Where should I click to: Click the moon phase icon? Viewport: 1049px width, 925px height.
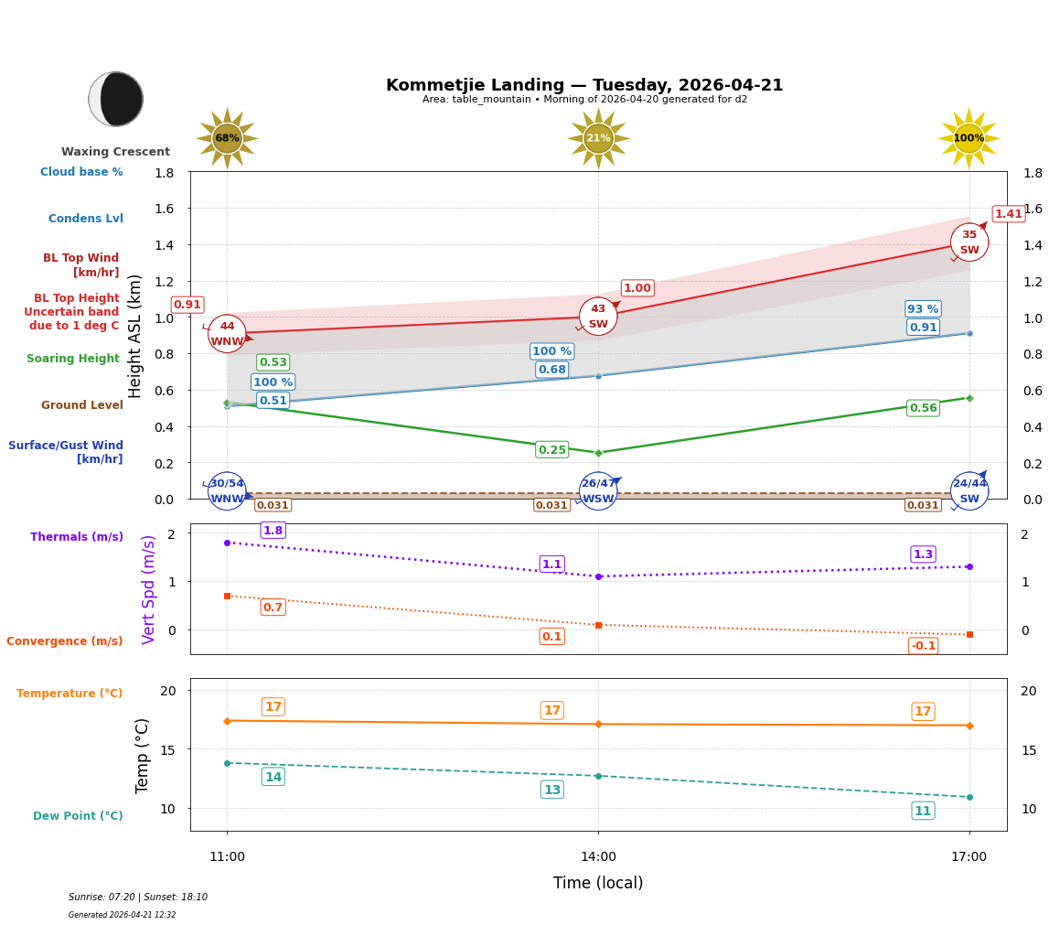point(116,99)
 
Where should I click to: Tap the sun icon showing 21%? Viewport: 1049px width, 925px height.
point(598,138)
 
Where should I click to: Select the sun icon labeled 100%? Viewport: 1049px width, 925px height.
point(969,138)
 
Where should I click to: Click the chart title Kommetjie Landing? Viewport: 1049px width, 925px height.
point(584,85)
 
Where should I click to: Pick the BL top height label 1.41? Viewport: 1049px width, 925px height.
point(1008,214)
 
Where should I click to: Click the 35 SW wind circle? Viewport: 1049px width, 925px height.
point(969,242)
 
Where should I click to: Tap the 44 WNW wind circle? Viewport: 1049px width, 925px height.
point(227,334)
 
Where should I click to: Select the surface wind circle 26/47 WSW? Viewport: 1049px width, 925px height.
point(598,491)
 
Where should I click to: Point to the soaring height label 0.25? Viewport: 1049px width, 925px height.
point(551,450)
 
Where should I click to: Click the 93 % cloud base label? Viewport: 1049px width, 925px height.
point(923,309)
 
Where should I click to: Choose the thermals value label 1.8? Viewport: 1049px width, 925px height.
point(273,531)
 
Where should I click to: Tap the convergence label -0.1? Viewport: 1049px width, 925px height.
point(923,646)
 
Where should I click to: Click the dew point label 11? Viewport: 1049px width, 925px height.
point(923,811)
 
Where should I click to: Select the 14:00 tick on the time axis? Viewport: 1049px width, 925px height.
point(598,857)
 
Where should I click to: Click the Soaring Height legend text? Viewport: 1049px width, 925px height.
point(73,359)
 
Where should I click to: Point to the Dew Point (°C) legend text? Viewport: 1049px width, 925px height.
point(78,816)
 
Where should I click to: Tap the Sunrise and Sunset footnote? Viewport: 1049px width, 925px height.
point(138,898)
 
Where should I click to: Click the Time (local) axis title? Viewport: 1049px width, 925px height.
point(598,883)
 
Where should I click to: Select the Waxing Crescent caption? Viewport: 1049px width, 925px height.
point(115,152)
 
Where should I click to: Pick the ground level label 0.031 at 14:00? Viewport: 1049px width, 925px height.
point(551,505)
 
